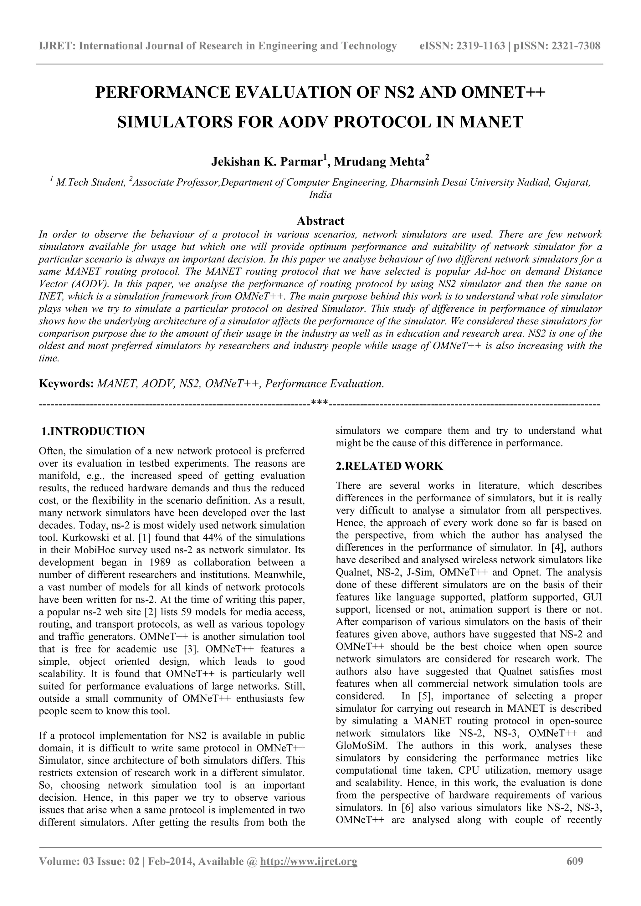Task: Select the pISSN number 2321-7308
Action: (576, 46)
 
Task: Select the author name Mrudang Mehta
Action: (380, 162)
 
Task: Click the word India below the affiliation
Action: (320, 195)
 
